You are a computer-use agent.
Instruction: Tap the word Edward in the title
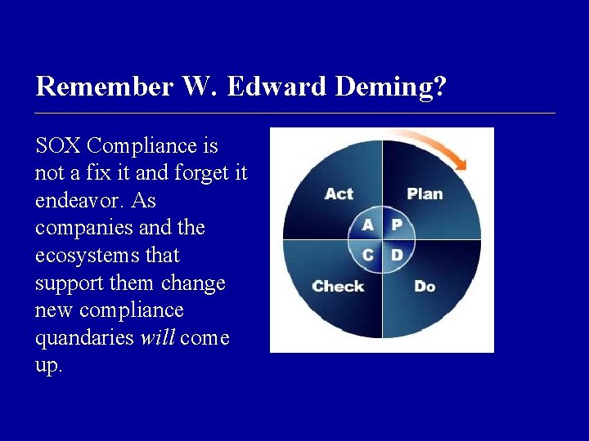(x=277, y=87)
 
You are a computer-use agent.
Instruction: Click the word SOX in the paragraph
(x=58, y=146)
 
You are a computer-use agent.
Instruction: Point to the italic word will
(x=158, y=338)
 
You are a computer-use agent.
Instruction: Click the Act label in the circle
(x=339, y=194)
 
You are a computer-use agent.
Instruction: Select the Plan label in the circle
(x=425, y=194)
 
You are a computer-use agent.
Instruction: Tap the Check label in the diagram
(x=338, y=287)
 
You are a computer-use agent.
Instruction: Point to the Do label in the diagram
(x=425, y=287)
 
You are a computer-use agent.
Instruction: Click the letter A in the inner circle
(x=368, y=225)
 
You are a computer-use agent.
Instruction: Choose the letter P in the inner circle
(x=396, y=225)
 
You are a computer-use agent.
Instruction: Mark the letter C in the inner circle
(x=368, y=255)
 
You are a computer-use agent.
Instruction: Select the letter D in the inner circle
(x=396, y=255)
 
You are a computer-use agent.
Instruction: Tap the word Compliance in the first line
(x=152, y=146)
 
